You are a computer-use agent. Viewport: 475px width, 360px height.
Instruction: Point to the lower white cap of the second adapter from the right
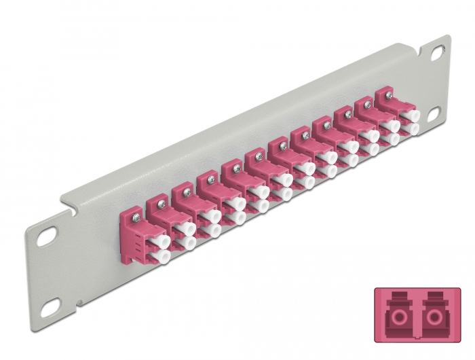click(391, 140)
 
